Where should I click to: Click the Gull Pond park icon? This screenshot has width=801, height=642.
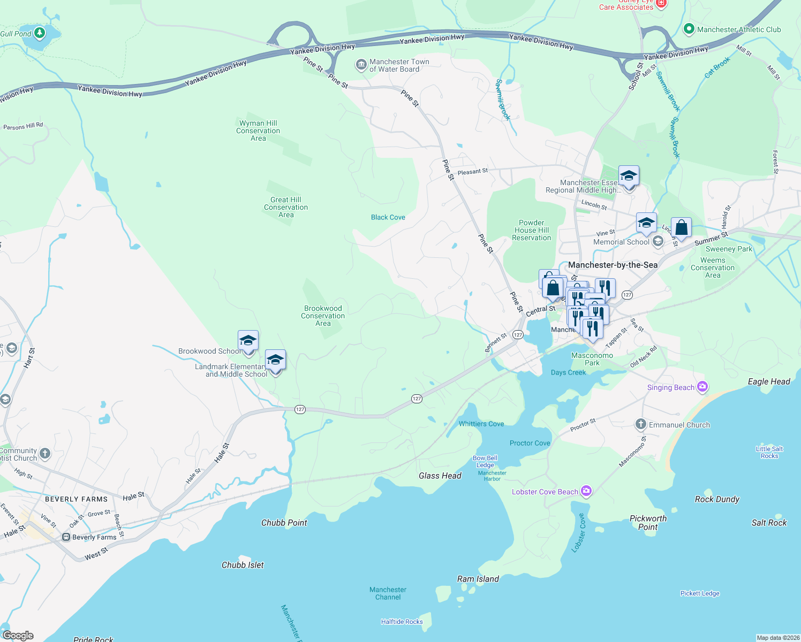[39, 33]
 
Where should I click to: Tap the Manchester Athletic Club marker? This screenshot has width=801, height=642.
[689, 29]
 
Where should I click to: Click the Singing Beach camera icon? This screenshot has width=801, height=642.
[702, 387]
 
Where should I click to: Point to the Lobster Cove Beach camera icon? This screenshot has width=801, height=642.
[586, 491]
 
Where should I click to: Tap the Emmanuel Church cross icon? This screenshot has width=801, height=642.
[640, 424]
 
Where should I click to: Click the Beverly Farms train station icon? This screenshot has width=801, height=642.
[66, 537]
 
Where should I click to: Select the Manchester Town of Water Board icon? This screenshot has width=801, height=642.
[361, 65]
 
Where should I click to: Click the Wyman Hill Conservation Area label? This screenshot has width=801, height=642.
[258, 131]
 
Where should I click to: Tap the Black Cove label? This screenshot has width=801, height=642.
[388, 217]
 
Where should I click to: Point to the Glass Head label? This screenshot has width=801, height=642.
[440, 476]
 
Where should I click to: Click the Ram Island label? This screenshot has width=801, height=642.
[478, 579]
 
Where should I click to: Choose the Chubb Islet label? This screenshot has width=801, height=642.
[243, 565]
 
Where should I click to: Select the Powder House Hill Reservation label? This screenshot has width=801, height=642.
[531, 230]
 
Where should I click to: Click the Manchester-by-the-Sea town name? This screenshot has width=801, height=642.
[613, 265]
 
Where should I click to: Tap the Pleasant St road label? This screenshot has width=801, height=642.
[472, 172]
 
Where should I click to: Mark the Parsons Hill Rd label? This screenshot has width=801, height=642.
[23, 126]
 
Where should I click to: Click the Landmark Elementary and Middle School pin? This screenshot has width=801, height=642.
[275, 361]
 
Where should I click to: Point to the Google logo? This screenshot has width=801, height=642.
[18, 635]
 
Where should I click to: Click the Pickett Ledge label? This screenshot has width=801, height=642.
[699, 593]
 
